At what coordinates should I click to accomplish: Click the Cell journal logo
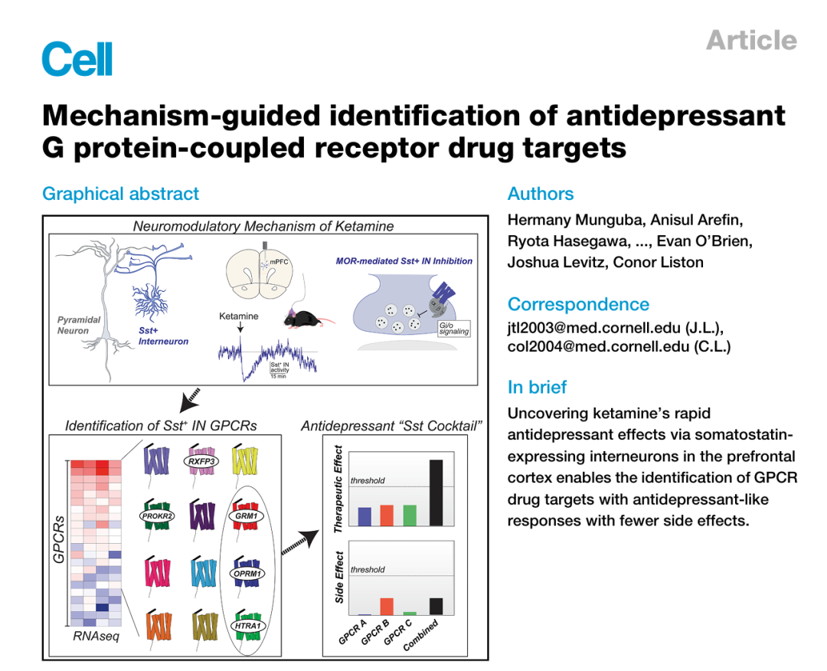77,58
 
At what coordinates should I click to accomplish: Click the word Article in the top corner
752,40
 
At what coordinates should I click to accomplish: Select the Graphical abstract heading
120,194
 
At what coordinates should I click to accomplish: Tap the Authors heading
541,194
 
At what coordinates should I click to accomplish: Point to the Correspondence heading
579,304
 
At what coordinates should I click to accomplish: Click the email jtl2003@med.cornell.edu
594,328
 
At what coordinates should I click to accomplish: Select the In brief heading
537,387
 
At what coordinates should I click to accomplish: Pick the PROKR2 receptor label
157,516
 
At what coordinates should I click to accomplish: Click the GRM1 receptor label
247,516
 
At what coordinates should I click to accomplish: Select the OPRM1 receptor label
247,574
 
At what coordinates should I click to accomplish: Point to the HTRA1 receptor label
247,626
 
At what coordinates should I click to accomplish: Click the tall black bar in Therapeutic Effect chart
436,493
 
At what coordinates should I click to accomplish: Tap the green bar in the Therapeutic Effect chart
410,516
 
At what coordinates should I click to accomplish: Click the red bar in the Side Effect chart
387,607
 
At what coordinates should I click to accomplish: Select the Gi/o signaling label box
453,328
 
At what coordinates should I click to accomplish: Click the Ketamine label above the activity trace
238,316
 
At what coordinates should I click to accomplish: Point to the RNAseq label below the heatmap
96,637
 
